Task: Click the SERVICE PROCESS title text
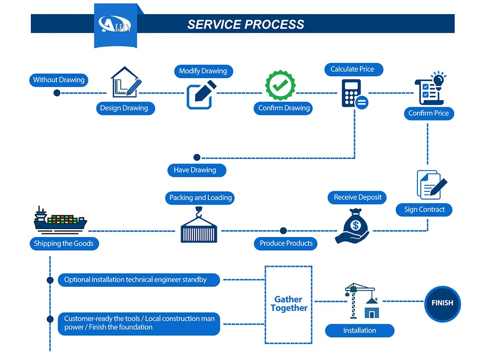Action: (x=245, y=24)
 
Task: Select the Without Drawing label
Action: (x=59, y=80)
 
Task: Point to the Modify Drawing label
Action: (x=203, y=71)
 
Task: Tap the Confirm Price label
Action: (x=428, y=113)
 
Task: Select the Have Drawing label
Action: (x=195, y=170)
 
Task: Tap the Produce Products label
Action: (x=286, y=243)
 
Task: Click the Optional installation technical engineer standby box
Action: (x=139, y=280)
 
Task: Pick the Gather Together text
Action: (x=289, y=304)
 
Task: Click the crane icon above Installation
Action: (x=361, y=301)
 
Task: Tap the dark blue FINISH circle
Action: (x=442, y=303)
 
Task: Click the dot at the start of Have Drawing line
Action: (x=197, y=158)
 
